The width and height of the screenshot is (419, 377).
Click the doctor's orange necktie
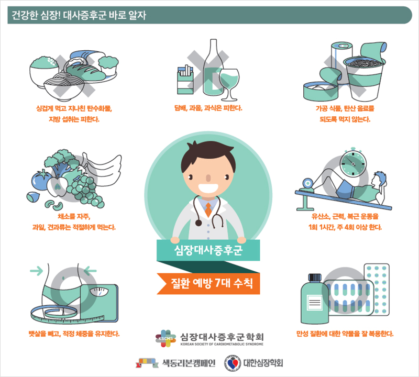(x=208, y=209)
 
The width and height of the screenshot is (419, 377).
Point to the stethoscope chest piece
(x=199, y=223)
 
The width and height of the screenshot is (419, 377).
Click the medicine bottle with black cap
(x=315, y=298)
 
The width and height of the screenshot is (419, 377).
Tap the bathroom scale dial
(x=99, y=291)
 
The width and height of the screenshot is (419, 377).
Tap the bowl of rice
(x=44, y=72)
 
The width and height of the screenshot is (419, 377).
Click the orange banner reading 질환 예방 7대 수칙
(x=208, y=283)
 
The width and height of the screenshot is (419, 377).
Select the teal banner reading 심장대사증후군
(x=208, y=250)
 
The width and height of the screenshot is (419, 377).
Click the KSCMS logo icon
(x=166, y=338)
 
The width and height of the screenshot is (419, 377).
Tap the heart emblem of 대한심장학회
(x=233, y=363)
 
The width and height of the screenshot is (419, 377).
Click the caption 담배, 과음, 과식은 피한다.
(x=208, y=108)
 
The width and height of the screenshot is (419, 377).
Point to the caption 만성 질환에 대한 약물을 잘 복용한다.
(x=345, y=334)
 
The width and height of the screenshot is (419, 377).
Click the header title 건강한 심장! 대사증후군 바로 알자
(x=79, y=15)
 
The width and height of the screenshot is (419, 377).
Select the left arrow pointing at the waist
(x=36, y=271)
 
